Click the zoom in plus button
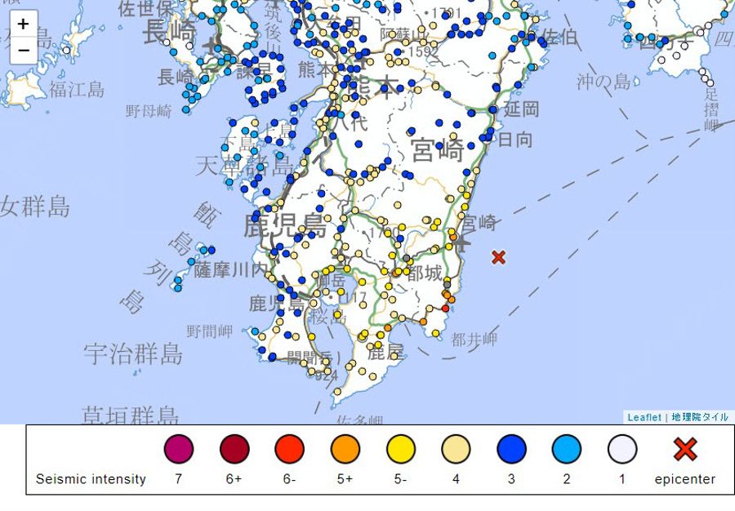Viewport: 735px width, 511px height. click(x=23, y=24)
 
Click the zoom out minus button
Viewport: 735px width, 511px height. click(x=23, y=50)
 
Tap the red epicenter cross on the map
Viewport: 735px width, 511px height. click(x=498, y=257)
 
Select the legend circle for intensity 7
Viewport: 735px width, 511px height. click(x=179, y=449)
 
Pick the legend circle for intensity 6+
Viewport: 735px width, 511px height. click(x=234, y=449)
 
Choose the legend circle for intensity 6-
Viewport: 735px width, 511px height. click(x=289, y=449)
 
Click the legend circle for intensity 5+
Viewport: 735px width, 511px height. click(x=345, y=449)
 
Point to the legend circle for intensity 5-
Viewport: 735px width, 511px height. click(x=400, y=449)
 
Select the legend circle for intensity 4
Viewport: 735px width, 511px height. click(x=456, y=449)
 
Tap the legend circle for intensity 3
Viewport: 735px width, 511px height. click(x=511, y=449)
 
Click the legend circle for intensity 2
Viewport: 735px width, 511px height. click(x=567, y=449)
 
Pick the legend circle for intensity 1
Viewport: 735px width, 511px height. click(x=622, y=449)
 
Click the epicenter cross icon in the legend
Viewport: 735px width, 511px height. click(x=684, y=449)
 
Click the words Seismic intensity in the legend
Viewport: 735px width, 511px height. click(x=91, y=479)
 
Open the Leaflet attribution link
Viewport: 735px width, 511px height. click(x=644, y=417)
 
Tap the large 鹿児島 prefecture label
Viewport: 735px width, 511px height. click(x=284, y=224)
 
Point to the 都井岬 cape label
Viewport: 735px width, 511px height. click(x=474, y=340)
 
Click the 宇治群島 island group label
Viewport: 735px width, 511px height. click(x=133, y=353)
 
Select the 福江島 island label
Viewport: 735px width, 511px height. click(x=77, y=89)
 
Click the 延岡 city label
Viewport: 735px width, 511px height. click(x=521, y=109)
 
